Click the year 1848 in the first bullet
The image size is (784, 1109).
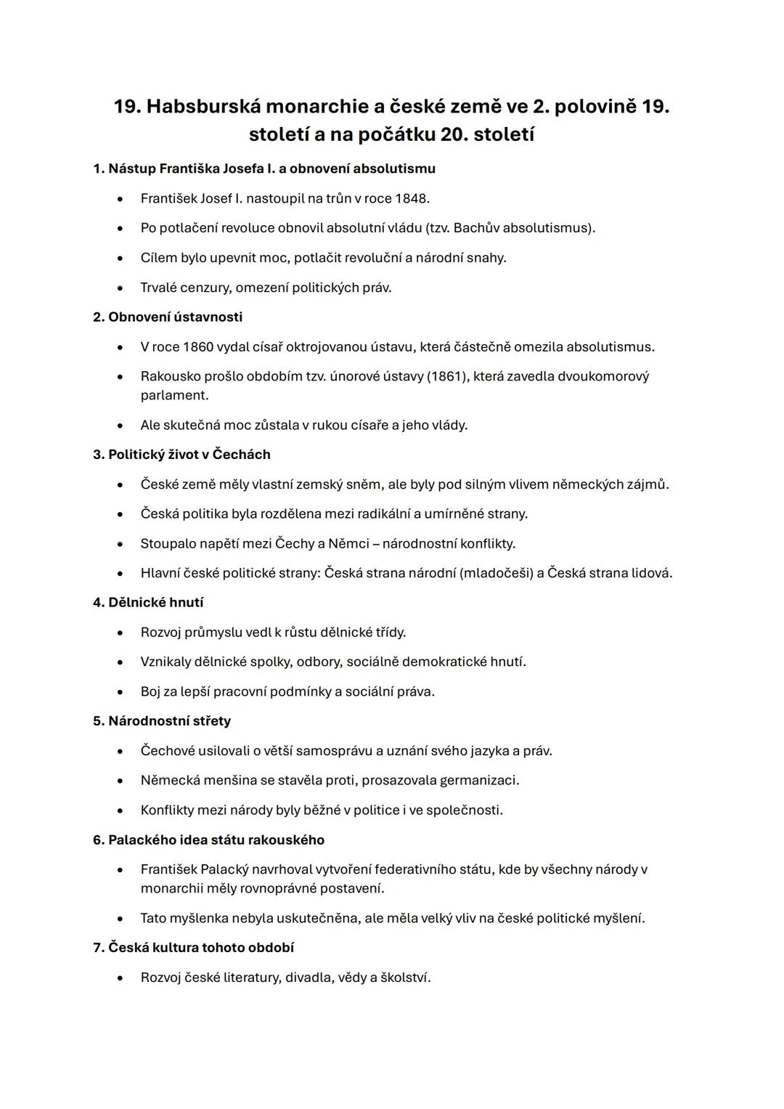pos(412,198)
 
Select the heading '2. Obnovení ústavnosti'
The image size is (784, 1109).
pos(168,317)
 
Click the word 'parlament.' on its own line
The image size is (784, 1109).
pos(174,395)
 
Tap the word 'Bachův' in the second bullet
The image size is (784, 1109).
pos(476,228)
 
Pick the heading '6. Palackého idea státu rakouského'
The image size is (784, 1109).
pos(208,840)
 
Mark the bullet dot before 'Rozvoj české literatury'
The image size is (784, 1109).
pos(120,978)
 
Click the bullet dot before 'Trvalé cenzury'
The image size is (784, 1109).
pos(120,288)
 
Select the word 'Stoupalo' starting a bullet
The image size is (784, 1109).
pos(168,543)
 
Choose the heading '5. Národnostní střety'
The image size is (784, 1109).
pos(162,720)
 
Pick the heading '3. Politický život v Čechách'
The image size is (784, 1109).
pos(181,454)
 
